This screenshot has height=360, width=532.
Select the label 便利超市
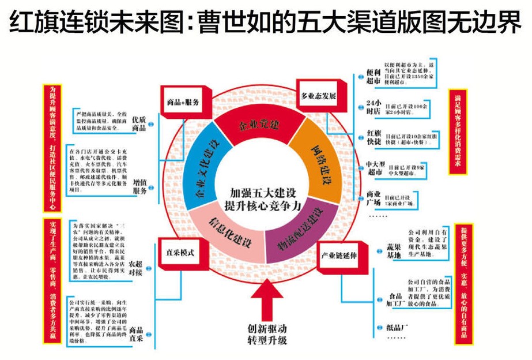pyautogui.click(x=374, y=76)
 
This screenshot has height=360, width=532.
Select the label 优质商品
pyautogui.click(x=139, y=123)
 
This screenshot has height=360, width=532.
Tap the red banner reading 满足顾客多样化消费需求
pyautogui.click(x=458, y=132)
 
